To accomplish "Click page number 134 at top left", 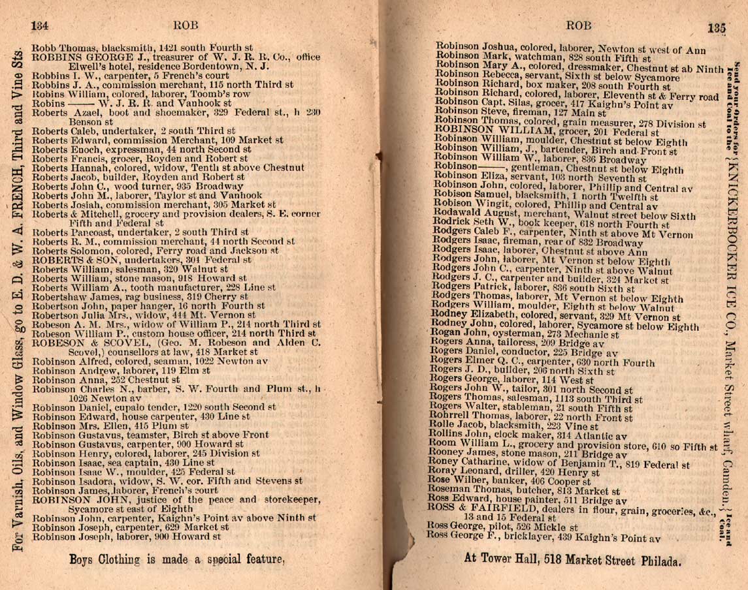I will point(41,25).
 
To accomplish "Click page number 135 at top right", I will point(716,28).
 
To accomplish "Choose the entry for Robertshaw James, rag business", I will point(131,296).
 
